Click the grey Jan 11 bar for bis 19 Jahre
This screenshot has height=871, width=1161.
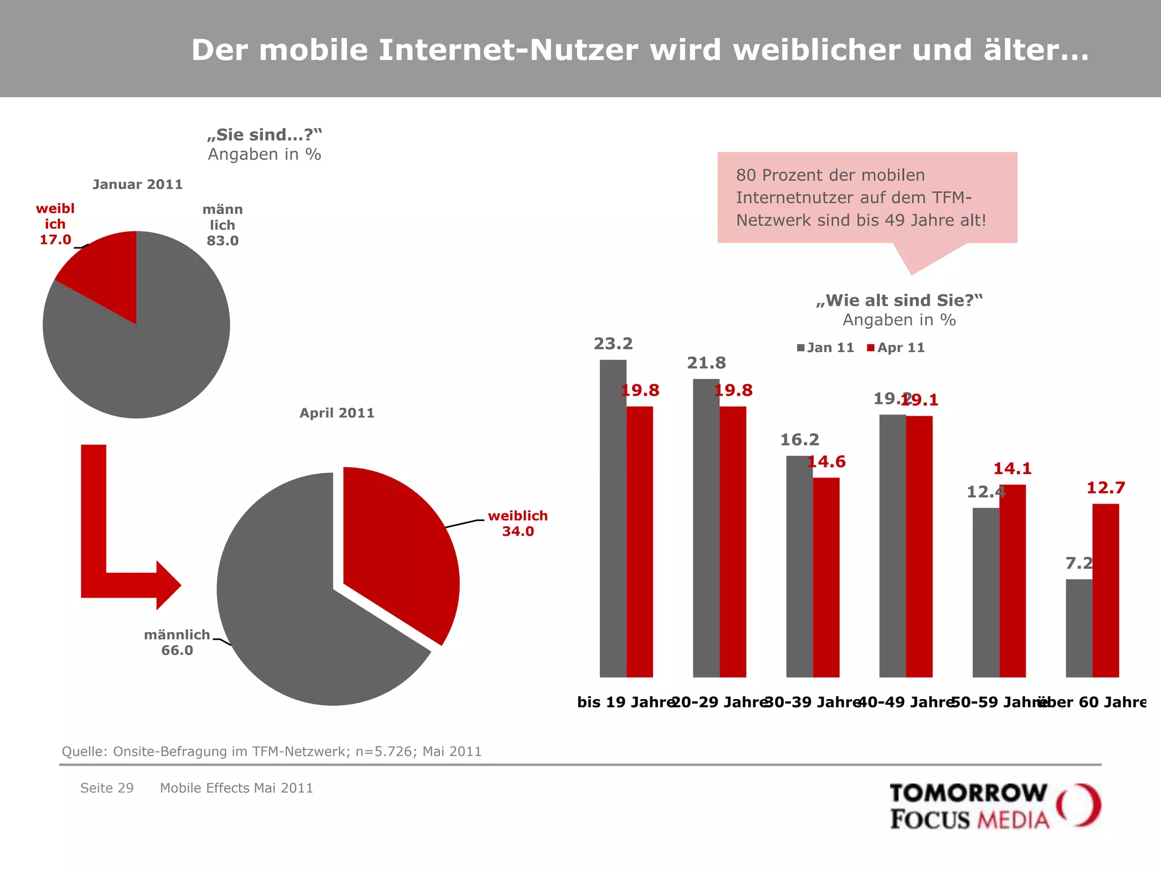613,510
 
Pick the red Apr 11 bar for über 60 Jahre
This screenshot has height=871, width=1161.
1105,590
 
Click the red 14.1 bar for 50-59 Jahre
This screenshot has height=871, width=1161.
1012,578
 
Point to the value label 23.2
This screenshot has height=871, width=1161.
613,344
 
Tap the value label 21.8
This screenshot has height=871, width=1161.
706,363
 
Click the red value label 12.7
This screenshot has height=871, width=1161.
1105,488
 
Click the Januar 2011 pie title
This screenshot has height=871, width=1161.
137,184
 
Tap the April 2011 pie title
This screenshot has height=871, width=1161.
337,413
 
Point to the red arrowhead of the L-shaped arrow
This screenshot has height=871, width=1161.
168,585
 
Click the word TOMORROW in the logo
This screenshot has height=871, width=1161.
968,793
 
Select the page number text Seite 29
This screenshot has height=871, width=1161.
107,788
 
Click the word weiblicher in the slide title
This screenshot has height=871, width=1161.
816,50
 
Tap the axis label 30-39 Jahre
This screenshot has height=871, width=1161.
813,702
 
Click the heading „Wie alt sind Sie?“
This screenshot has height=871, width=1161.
899,301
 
